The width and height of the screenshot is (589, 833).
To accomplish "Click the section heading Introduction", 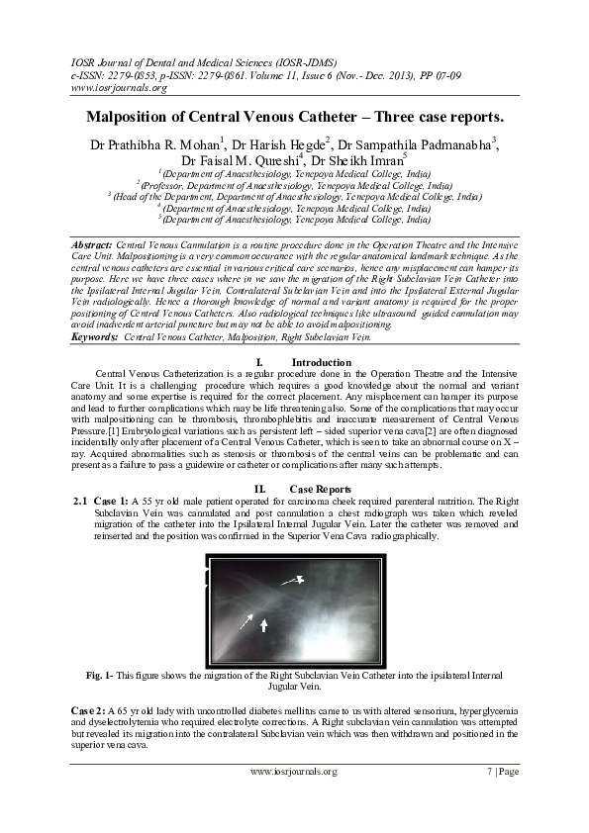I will click(322, 363).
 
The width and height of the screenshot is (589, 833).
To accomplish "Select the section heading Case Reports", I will click(321, 489).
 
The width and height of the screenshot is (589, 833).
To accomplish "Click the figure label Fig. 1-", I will click(100, 675).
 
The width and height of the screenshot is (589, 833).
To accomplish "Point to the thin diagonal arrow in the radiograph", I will click(245, 622).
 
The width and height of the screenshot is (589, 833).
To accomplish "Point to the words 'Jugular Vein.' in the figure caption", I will click(295, 686).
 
